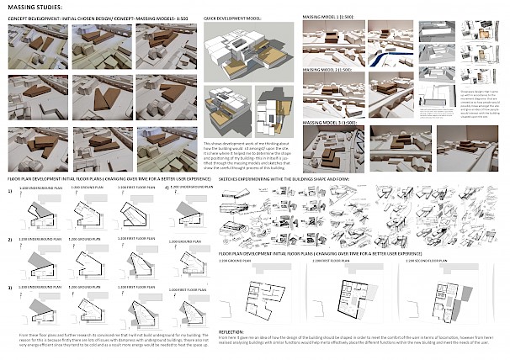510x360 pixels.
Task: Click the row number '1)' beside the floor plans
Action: pyautogui.click(x=10, y=193)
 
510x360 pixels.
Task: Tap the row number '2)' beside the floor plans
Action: pyautogui.click(x=10, y=240)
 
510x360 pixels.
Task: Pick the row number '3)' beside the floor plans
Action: pyautogui.click(x=10, y=289)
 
